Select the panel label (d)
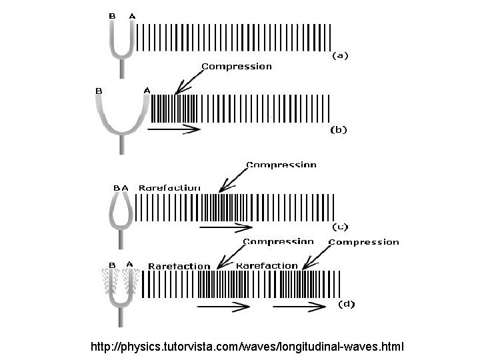[347, 304]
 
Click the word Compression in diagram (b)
[237, 66]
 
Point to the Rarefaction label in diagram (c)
[169, 188]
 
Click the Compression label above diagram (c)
[281, 164]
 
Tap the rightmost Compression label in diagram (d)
[364, 242]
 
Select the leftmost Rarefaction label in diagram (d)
[179, 266]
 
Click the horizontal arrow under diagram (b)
[173, 129]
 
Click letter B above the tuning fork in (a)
[112, 15]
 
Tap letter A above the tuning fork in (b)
[147, 90]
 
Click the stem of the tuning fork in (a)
[121, 67]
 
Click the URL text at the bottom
[247, 347]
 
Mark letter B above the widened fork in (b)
[99, 90]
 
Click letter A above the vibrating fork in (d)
[129, 264]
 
